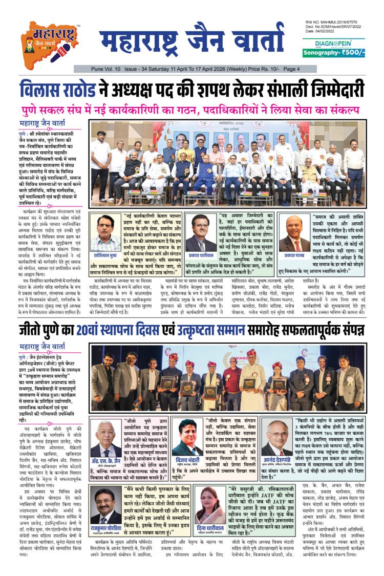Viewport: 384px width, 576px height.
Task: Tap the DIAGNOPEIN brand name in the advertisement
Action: click(333, 43)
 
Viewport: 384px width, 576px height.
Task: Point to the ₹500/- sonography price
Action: click(350, 52)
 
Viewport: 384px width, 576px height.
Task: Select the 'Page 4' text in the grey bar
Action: click(306, 69)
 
